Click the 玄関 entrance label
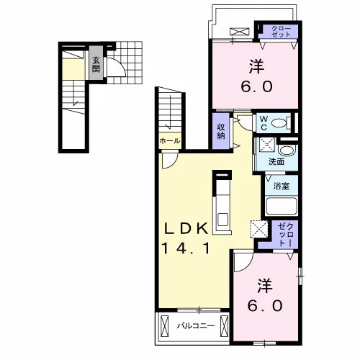[x=96, y=65]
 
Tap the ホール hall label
[x=170, y=141]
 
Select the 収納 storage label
[x=221, y=132]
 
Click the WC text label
[x=264, y=123]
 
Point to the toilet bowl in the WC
[x=279, y=123]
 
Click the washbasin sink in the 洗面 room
[x=287, y=150]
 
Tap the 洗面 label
[x=276, y=162]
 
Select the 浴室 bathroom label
[x=281, y=186]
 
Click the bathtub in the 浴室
[x=282, y=206]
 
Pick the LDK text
[x=186, y=228]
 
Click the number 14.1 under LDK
[x=186, y=248]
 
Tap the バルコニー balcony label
[x=196, y=326]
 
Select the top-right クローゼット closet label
[x=282, y=31]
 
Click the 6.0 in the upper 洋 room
[x=256, y=86]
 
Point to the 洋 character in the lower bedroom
[x=265, y=286]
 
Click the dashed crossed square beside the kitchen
[x=259, y=229]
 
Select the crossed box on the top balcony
[x=240, y=32]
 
